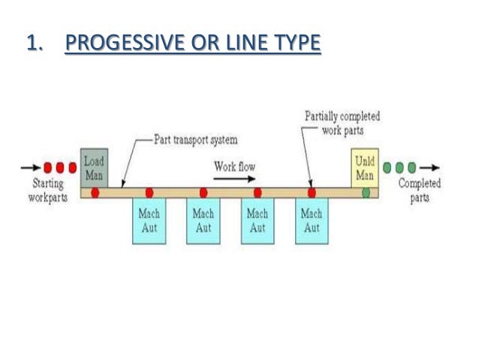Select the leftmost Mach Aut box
[x=149, y=220]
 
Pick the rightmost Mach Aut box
[x=312, y=220]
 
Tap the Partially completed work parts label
[x=342, y=123]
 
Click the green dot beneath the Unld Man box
[x=366, y=193]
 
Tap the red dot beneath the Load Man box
[x=95, y=193]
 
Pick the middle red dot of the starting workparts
[x=61, y=167]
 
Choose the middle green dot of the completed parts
[x=401, y=167]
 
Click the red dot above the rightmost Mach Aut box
[x=312, y=193]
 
